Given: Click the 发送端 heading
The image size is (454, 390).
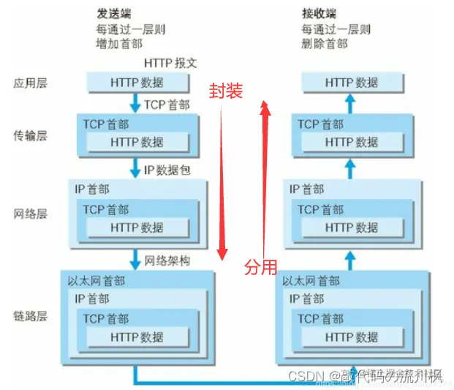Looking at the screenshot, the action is click(114, 15).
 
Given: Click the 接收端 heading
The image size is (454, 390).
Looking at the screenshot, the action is click(319, 15).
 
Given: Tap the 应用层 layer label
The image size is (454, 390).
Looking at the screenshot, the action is click(30, 83).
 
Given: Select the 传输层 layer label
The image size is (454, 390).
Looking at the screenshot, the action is click(30, 135).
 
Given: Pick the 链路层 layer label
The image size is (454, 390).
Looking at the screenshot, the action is click(30, 316).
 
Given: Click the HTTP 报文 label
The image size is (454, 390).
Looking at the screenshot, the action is click(170, 63).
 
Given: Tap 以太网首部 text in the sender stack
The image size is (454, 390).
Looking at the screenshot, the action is click(96, 281).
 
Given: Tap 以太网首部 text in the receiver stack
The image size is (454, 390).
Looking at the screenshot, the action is click(311, 281).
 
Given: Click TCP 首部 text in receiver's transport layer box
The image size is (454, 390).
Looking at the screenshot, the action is click(320, 124).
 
